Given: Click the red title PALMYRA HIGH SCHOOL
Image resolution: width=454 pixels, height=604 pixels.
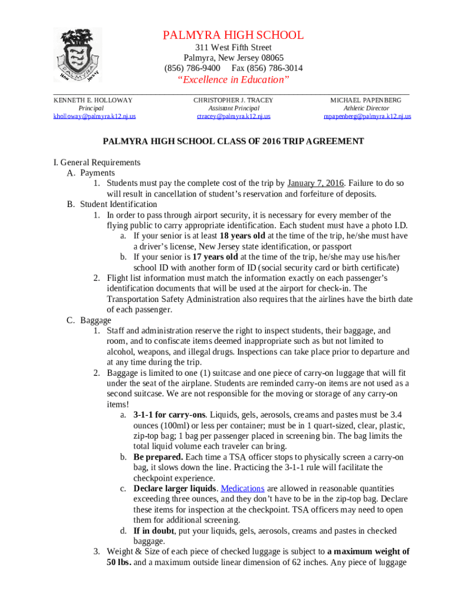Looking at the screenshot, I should click(x=233, y=35).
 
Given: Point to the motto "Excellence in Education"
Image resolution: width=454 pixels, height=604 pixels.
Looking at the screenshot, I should click(x=233, y=80).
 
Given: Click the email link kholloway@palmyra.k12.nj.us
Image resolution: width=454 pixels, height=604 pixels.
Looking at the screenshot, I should click(x=94, y=116).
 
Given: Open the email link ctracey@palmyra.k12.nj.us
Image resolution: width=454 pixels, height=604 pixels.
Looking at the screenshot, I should click(x=233, y=116).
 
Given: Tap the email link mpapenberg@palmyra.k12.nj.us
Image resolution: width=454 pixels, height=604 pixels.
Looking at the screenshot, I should click(x=367, y=116).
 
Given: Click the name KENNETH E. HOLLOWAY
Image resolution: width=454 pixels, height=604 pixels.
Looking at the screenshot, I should click(x=93, y=100).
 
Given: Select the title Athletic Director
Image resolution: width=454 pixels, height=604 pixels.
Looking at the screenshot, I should click(x=366, y=109).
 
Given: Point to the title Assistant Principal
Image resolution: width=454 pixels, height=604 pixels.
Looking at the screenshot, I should click(x=233, y=109).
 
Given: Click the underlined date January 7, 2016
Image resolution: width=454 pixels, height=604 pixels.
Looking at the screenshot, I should click(x=315, y=183).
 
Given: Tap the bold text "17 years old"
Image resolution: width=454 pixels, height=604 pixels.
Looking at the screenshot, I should click(x=215, y=257).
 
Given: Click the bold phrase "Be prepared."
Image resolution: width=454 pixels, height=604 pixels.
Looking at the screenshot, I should click(x=158, y=457).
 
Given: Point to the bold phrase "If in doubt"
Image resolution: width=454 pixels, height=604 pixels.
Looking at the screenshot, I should click(x=154, y=531).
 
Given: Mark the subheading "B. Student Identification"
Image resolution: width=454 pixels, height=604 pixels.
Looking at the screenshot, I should click(x=112, y=204).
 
